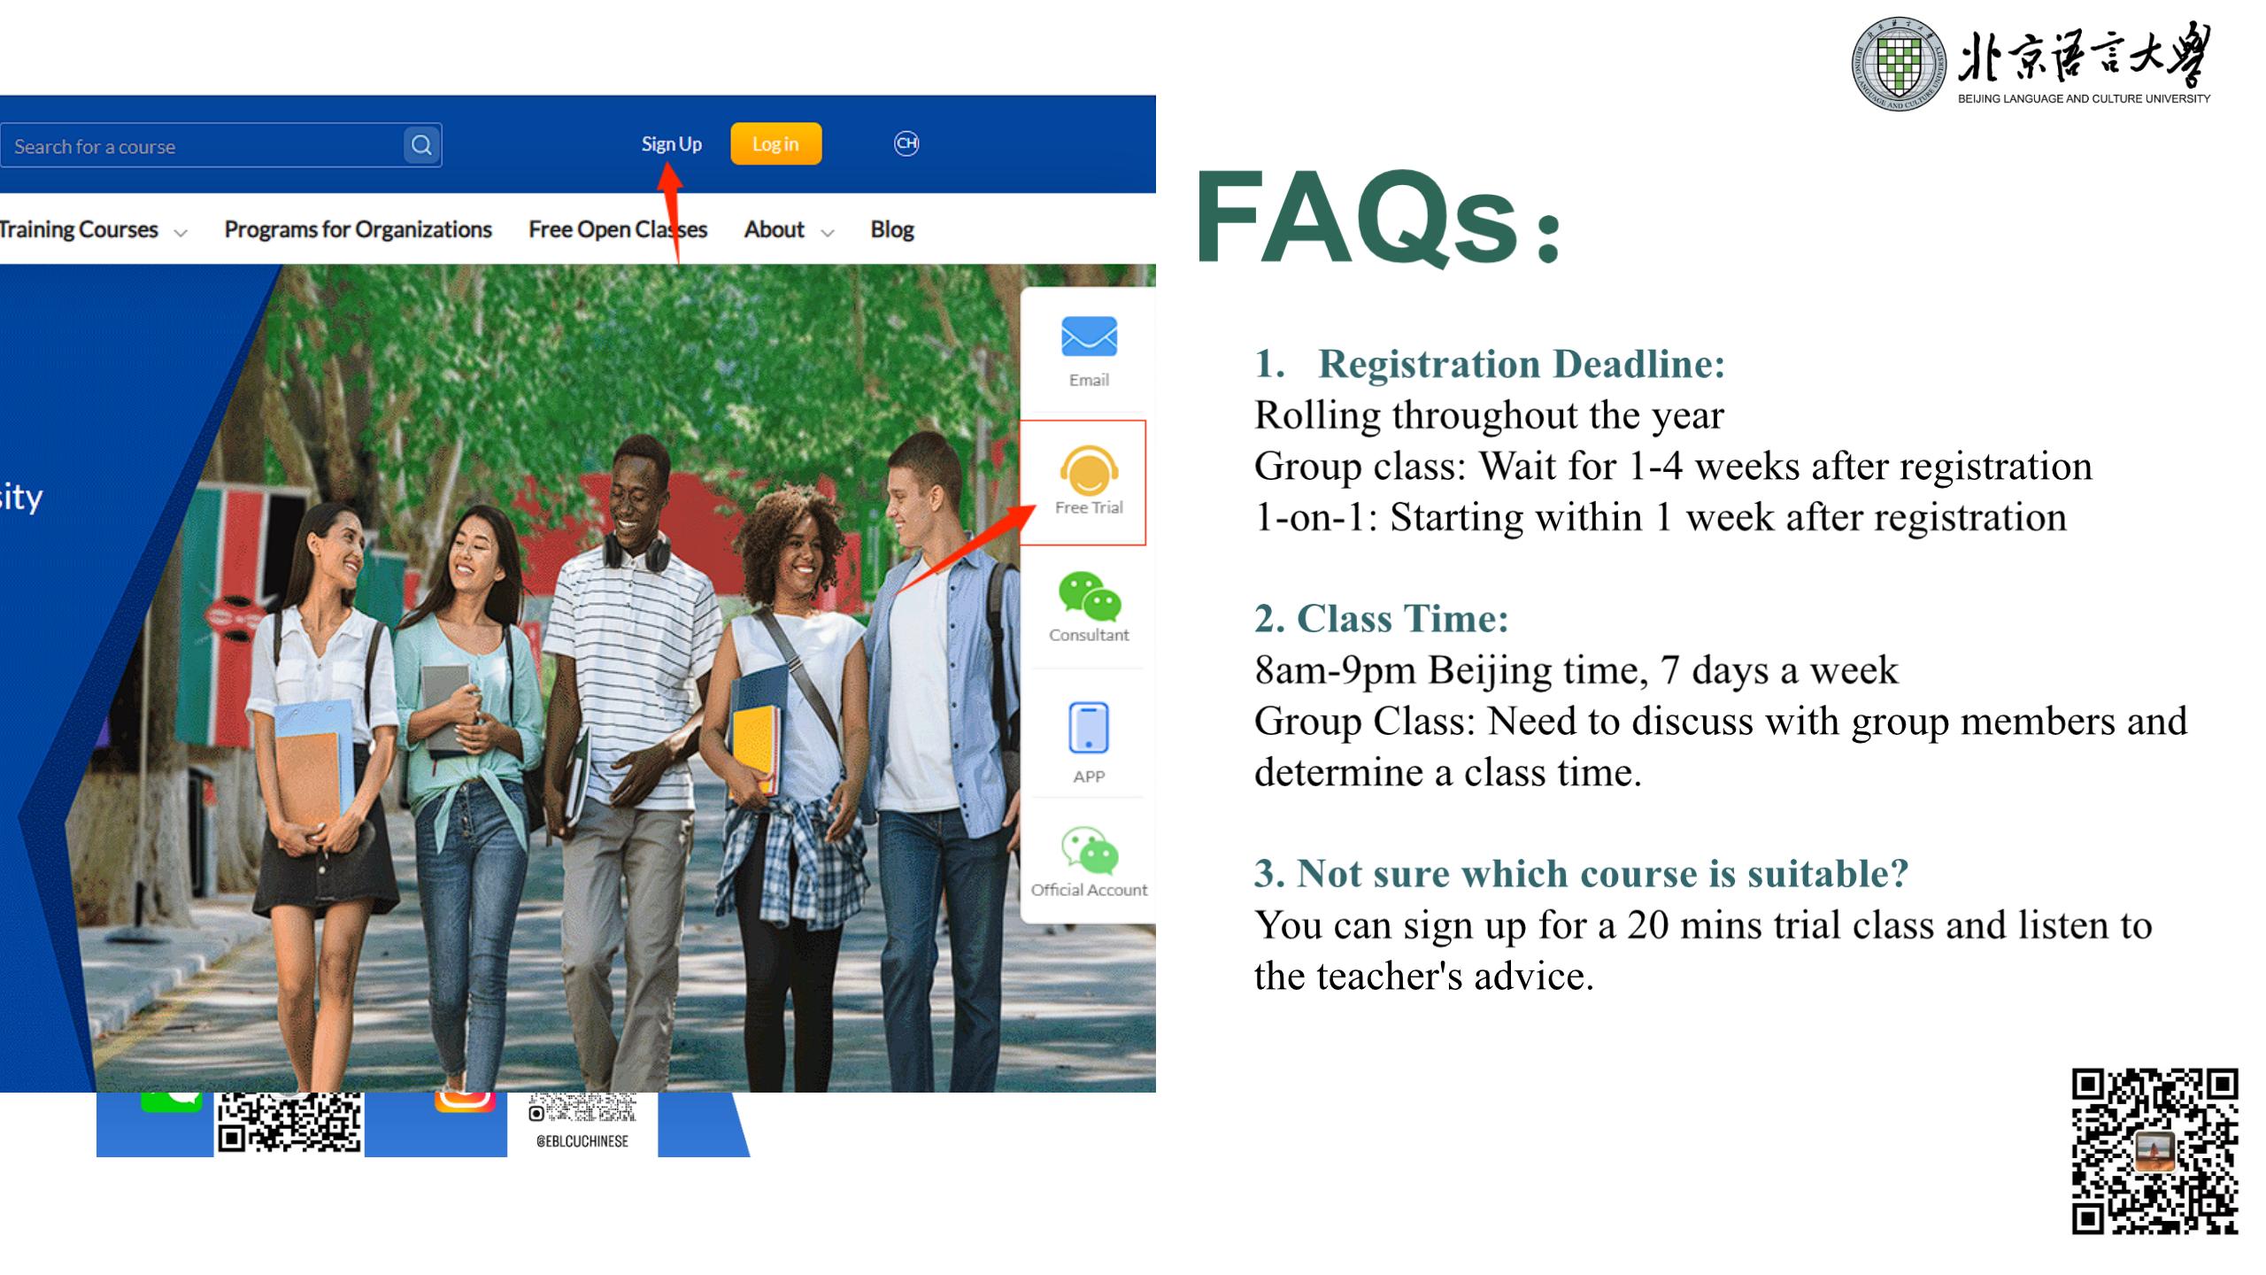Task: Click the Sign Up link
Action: pos(671,144)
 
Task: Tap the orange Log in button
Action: pos(776,144)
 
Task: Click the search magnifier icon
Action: pos(421,145)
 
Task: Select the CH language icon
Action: pos(906,143)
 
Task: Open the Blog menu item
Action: pos(891,229)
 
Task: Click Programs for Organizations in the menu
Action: pos(358,229)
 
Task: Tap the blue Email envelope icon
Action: pos(1089,337)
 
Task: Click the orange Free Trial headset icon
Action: pos(1089,470)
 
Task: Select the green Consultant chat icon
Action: pos(1090,595)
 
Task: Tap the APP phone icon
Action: pos(1089,728)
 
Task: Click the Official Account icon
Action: pos(1090,851)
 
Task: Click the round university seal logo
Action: pos(1899,64)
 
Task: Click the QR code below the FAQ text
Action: pos(2155,1151)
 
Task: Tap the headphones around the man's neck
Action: pos(636,547)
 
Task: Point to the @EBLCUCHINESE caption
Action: pos(582,1141)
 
